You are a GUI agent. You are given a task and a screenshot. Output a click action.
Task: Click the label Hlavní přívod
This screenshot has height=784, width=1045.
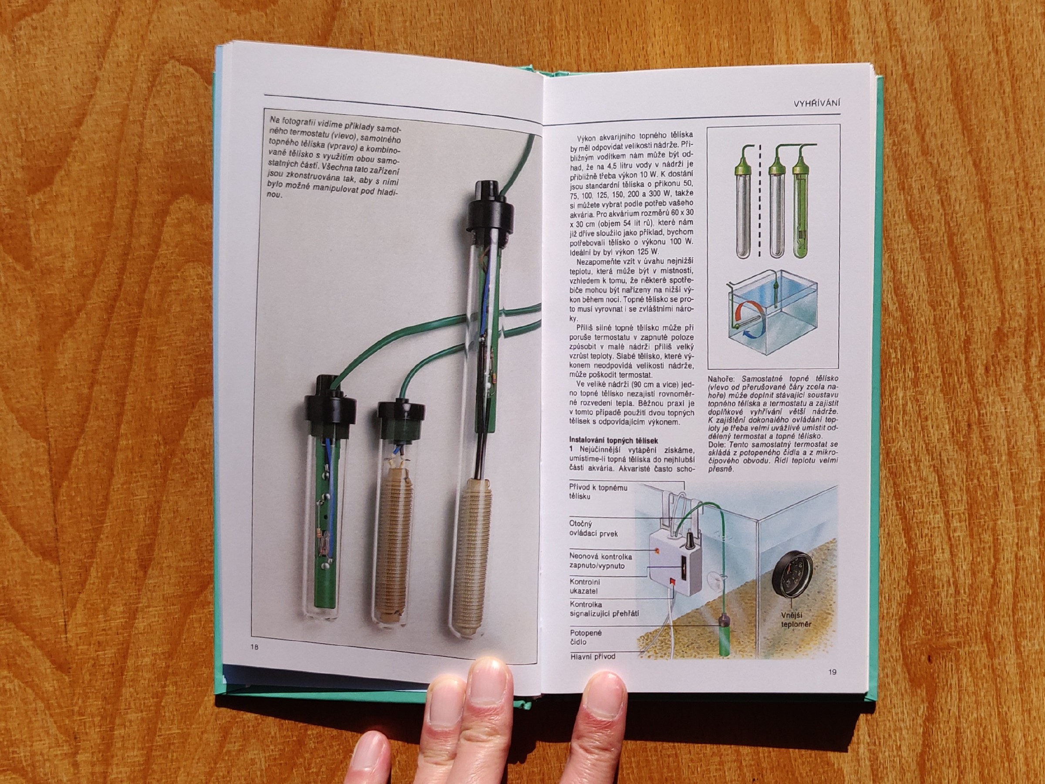593,656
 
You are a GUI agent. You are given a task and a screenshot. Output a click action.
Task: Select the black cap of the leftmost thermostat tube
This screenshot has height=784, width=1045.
329,406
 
